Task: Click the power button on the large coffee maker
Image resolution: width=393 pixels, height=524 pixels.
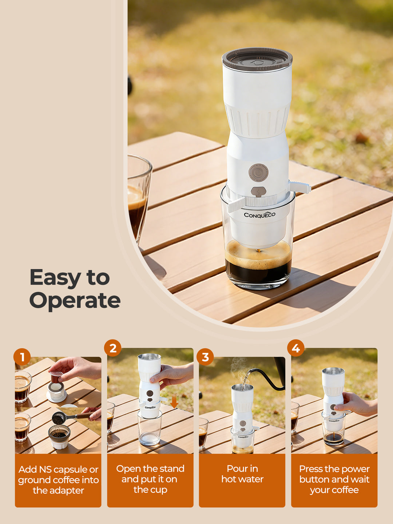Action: pos(258,172)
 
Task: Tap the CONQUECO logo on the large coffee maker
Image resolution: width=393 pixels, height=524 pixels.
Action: pos(259,215)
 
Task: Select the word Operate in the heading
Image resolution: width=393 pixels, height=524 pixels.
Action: pos(75,301)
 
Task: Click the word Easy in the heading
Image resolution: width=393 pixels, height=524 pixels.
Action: pos(55,278)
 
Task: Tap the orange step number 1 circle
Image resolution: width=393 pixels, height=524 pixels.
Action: pos(22,357)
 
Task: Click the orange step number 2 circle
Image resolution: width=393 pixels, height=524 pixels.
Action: pos(113,348)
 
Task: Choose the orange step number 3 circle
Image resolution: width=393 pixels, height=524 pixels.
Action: pos(205,357)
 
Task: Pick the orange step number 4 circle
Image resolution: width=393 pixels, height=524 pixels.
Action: pos(296,348)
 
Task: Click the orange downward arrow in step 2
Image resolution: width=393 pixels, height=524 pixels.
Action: pos(174,402)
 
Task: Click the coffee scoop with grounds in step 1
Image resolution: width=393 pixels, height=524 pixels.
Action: pos(60,418)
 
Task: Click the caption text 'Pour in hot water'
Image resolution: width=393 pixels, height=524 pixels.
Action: pos(242,474)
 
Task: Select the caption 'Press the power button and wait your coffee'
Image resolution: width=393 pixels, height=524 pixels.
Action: pos(334,479)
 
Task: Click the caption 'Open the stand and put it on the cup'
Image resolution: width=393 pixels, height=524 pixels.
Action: pos(150,479)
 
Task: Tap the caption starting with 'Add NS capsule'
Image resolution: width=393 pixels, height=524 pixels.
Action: pos(58,480)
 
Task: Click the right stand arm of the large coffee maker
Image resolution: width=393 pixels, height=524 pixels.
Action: pos(300,187)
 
